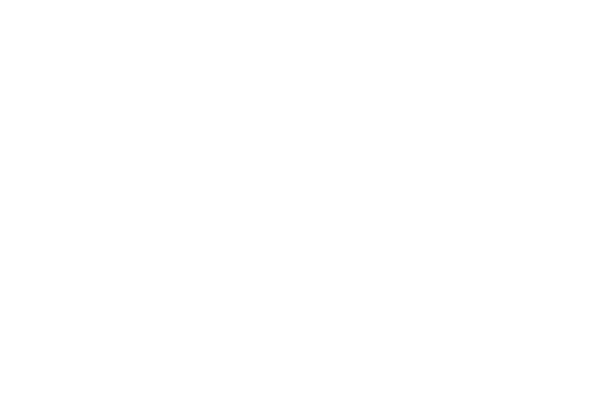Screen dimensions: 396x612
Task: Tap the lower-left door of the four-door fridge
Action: pos(44,303)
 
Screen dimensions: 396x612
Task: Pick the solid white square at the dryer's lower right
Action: pos(363,353)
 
